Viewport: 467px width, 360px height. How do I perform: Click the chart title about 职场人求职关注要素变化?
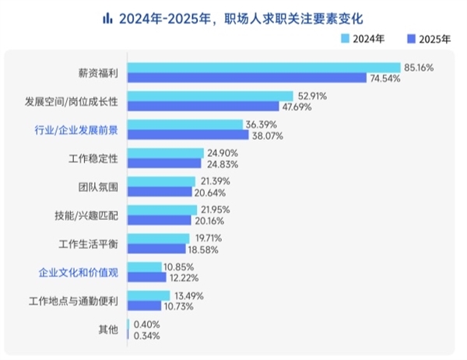(242, 17)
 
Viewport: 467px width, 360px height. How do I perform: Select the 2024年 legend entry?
(363, 38)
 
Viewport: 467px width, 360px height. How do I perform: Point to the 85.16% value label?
(417, 67)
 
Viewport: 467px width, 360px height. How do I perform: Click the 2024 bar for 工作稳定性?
(164, 153)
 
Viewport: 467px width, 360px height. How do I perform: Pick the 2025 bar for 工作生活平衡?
(156, 250)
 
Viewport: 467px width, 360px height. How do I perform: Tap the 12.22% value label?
(184, 278)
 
